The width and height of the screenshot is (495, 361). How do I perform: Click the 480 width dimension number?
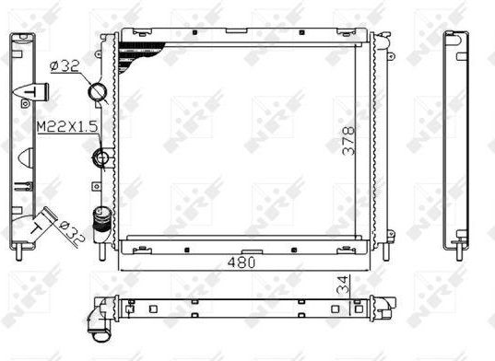[242, 262]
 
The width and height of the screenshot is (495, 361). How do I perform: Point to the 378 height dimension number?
[348, 141]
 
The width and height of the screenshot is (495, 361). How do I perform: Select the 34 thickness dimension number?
[344, 285]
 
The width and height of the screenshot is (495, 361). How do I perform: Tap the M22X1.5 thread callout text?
[67, 127]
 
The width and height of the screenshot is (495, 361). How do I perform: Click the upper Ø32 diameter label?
[65, 66]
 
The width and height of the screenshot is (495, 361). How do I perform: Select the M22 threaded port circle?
[101, 157]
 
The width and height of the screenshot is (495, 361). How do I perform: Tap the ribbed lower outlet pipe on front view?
[101, 223]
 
